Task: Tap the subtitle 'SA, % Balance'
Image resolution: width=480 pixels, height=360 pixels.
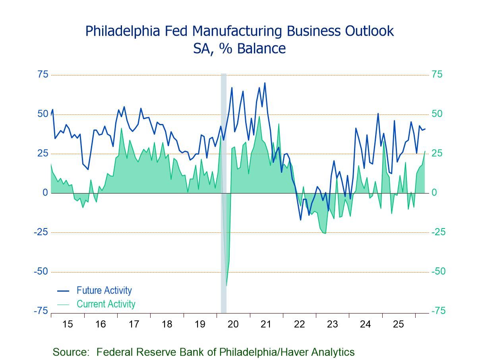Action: tap(239, 48)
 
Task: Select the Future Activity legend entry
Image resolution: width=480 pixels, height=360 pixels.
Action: tap(104, 290)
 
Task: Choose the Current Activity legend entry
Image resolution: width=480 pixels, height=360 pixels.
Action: tap(106, 304)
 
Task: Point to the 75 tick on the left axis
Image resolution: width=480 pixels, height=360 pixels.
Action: tap(43, 75)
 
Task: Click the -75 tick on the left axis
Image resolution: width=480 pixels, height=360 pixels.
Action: tap(41, 311)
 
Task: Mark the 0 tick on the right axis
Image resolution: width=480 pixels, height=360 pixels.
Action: tap(434, 193)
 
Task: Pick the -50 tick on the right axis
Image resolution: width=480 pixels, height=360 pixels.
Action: tap(439, 272)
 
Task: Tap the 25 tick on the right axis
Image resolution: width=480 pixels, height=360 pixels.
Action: tap(437, 153)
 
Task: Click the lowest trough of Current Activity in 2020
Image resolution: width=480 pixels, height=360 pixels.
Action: tap(226, 285)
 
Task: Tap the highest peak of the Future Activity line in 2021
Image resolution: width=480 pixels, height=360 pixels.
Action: tap(265, 83)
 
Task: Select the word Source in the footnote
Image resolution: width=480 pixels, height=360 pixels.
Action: tap(70, 352)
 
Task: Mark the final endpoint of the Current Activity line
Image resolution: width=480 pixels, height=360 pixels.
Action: tap(425, 151)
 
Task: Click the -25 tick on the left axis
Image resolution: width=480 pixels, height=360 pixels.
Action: tap(41, 232)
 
